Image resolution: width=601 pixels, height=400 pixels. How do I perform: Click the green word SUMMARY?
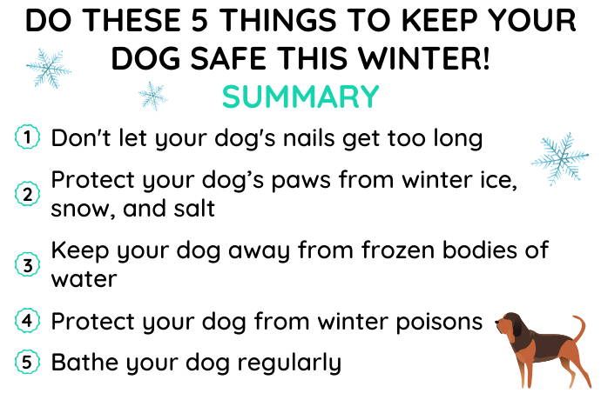tap(300, 97)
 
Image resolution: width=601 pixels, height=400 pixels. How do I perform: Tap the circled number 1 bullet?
tap(27, 137)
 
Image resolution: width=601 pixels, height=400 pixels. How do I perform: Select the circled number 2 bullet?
tap(27, 194)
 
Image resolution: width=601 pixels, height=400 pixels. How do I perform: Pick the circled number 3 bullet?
tap(27, 264)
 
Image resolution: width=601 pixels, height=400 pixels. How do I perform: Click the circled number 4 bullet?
tap(27, 320)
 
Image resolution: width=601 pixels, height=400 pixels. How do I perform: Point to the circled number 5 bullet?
tap(27, 362)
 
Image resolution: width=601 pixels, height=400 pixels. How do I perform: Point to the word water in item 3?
tap(84, 279)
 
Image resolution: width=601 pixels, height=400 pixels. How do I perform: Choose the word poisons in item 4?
tap(439, 322)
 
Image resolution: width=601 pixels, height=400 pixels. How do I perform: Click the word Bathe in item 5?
tap(84, 362)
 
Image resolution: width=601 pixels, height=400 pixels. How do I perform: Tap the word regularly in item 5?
tap(289, 363)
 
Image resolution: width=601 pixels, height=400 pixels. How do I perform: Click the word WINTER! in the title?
tap(424, 58)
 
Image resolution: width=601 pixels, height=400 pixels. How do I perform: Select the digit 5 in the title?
tap(199, 20)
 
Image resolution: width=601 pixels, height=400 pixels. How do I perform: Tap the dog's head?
tap(509, 326)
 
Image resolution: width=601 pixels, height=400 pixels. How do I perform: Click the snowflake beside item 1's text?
tap(560, 159)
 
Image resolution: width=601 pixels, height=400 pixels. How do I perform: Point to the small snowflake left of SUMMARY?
tap(152, 96)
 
